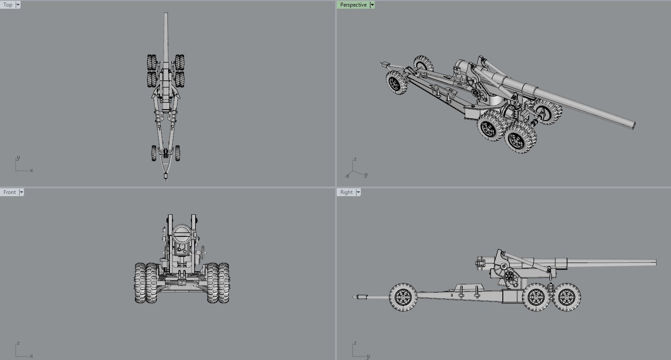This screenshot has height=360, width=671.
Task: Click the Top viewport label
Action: click(8, 5)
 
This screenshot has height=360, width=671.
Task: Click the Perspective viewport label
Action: click(353, 5)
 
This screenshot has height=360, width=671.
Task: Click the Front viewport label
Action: click(10, 192)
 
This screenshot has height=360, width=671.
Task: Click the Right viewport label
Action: click(346, 192)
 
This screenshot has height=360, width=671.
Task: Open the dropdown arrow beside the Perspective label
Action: click(372, 5)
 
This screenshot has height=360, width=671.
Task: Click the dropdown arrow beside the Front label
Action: click(21, 192)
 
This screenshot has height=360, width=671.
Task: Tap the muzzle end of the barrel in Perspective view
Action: click(633, 125)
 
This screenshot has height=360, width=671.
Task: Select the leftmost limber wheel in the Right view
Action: click(403, 297)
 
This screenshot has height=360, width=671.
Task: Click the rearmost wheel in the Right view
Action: click(567, 297)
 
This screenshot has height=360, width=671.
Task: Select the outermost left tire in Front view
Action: click(140, 283)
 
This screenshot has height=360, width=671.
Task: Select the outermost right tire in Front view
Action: click(224, 283)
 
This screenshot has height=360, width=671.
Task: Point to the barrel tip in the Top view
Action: click(166, 14)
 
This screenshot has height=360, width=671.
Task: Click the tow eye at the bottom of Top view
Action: click(166, 177)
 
